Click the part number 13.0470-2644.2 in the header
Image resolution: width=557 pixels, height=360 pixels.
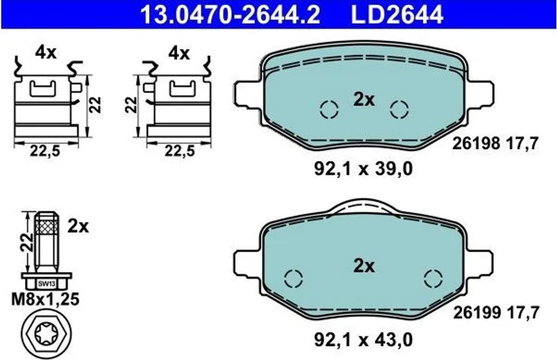click(x=230, y=14)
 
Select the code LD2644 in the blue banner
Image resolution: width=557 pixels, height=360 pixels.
click(x=397, y=14)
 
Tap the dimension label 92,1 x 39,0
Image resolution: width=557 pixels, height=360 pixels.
click(x=363, y=169)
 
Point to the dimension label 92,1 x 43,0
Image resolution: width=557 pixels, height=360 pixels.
click(x=363, y=340)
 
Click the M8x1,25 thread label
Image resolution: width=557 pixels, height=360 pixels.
click(x=46, y=300)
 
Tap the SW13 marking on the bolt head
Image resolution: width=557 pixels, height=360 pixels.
click(x=47, y=284)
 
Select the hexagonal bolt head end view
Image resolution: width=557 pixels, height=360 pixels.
click(x=47, y=333)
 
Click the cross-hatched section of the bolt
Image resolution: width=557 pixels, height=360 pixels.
click(x=47, y=227)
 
